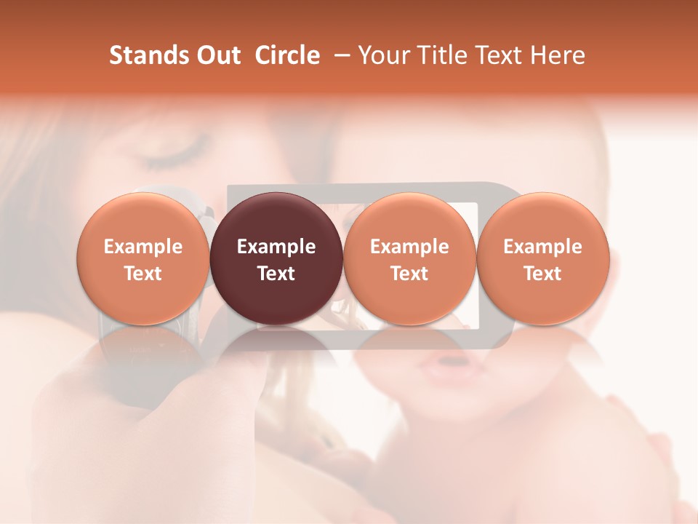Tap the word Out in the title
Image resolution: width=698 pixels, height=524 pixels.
216,55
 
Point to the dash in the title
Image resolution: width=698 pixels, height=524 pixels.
340,55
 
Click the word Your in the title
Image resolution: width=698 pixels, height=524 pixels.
381,55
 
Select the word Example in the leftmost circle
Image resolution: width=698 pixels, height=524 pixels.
143,247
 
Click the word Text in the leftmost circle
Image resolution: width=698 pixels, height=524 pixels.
143,274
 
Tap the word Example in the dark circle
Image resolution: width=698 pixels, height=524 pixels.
276,247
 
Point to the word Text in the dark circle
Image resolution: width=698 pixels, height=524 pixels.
276,274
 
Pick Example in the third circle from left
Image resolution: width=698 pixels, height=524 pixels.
409,247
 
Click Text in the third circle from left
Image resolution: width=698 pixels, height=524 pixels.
409,274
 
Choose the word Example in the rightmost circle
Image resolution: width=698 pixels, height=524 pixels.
542,247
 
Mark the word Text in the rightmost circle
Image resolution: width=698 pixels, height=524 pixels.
542,274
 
